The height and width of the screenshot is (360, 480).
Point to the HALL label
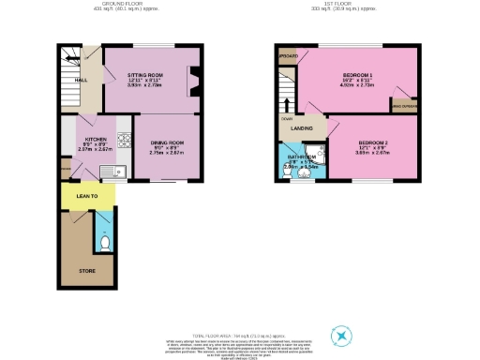click(x=68, y=81)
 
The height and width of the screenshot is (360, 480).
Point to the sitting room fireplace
click(x=194, y=82)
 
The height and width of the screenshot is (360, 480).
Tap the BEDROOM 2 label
click(x=372, y=140)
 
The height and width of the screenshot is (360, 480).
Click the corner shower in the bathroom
click(x=318, y=154)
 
